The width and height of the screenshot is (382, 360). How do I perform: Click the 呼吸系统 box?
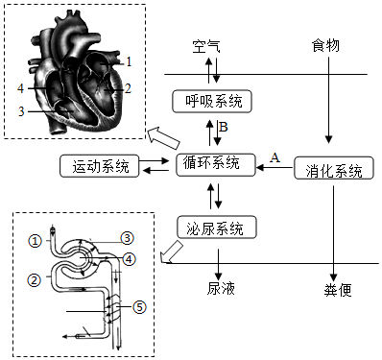(212, 102)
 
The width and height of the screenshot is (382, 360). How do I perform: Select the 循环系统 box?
(216, 165)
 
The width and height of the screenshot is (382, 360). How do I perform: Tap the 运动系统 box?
(100, 166)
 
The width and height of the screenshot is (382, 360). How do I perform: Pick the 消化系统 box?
(334, 168)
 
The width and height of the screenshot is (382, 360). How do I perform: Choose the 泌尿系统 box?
(217, 228)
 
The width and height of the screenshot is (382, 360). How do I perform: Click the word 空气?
(206, 46)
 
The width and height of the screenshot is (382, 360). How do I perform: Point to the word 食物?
(325, 45)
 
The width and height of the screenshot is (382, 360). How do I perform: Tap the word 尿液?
(221, 288)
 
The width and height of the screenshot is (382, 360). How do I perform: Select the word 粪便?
(338, 290)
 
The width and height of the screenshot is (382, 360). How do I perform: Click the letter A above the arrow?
(275, 157)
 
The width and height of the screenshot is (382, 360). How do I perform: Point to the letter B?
(224, 127)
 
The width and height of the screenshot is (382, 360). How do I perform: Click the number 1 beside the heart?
(129, 61)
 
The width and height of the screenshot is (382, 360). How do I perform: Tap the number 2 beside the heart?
(128, 88)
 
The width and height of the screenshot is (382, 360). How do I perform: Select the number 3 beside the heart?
(21, 111)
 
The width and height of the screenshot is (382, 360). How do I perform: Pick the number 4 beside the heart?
(21, 88)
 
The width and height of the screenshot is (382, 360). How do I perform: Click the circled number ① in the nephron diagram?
(35, 240)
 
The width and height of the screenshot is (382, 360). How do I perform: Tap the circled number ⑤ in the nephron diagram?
(139, 307)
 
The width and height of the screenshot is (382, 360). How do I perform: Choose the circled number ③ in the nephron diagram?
(127, 238)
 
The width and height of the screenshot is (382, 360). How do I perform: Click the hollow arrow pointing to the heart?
(163, 138)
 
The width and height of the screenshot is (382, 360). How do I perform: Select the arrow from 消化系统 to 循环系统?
(275, 167)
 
